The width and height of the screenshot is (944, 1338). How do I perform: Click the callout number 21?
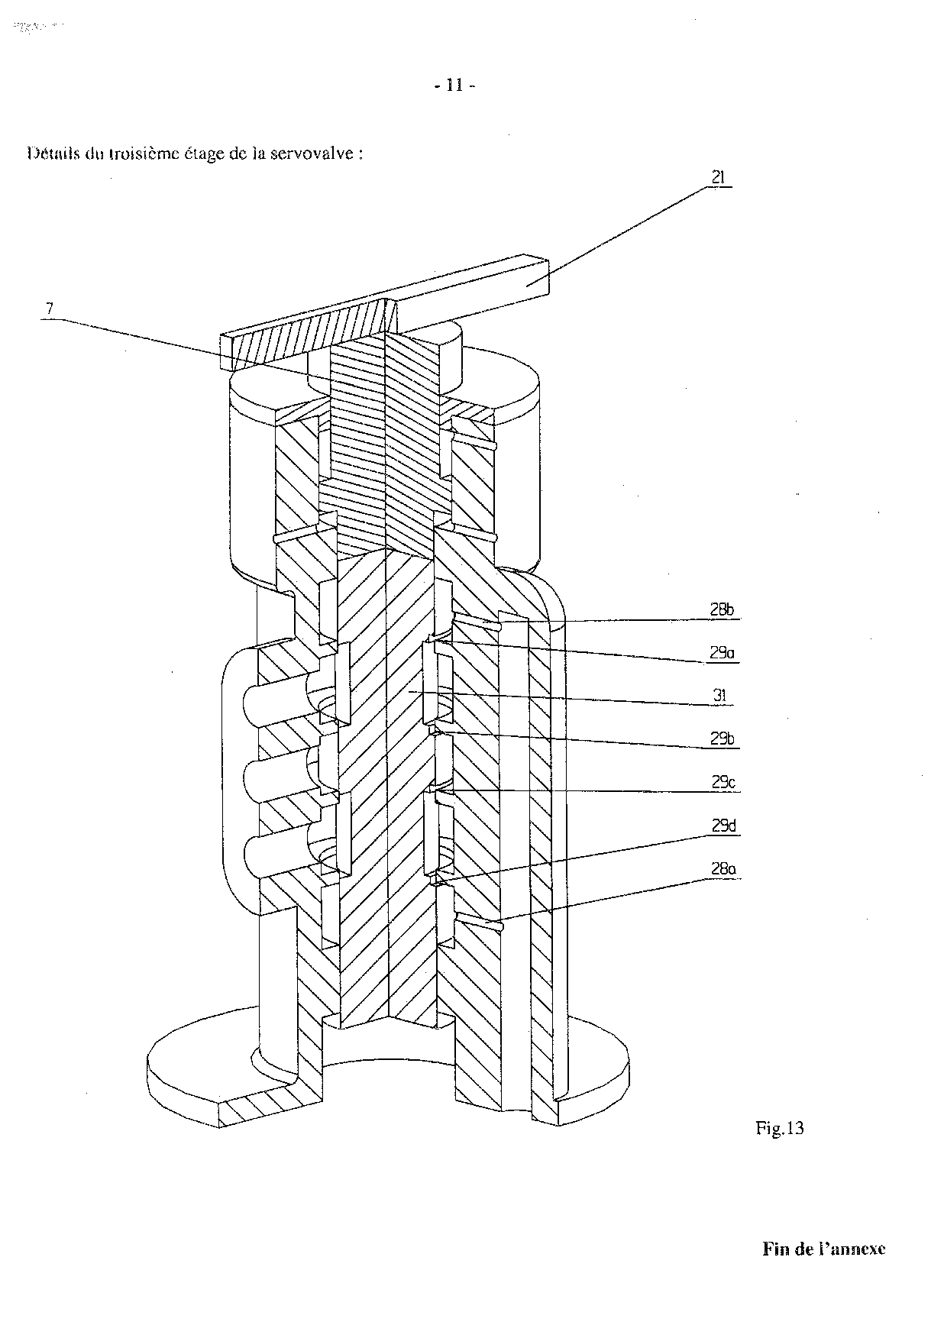tap(719, 178)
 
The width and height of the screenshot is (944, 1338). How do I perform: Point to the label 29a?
tap(722, 653)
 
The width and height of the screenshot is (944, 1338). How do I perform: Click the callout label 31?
tap(719, 696)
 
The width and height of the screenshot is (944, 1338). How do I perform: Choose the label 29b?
tap(722, 739)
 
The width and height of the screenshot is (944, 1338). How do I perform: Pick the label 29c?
tap(722, 782)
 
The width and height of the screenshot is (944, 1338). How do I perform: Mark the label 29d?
tap(722, 826)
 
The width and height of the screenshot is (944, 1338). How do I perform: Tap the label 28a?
tap(722, 868)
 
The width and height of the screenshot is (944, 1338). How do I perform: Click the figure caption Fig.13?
tap(779, 1128)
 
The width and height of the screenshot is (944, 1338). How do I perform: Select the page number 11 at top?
tap(454, 86)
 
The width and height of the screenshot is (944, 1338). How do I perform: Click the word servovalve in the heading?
tap(322, 153)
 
